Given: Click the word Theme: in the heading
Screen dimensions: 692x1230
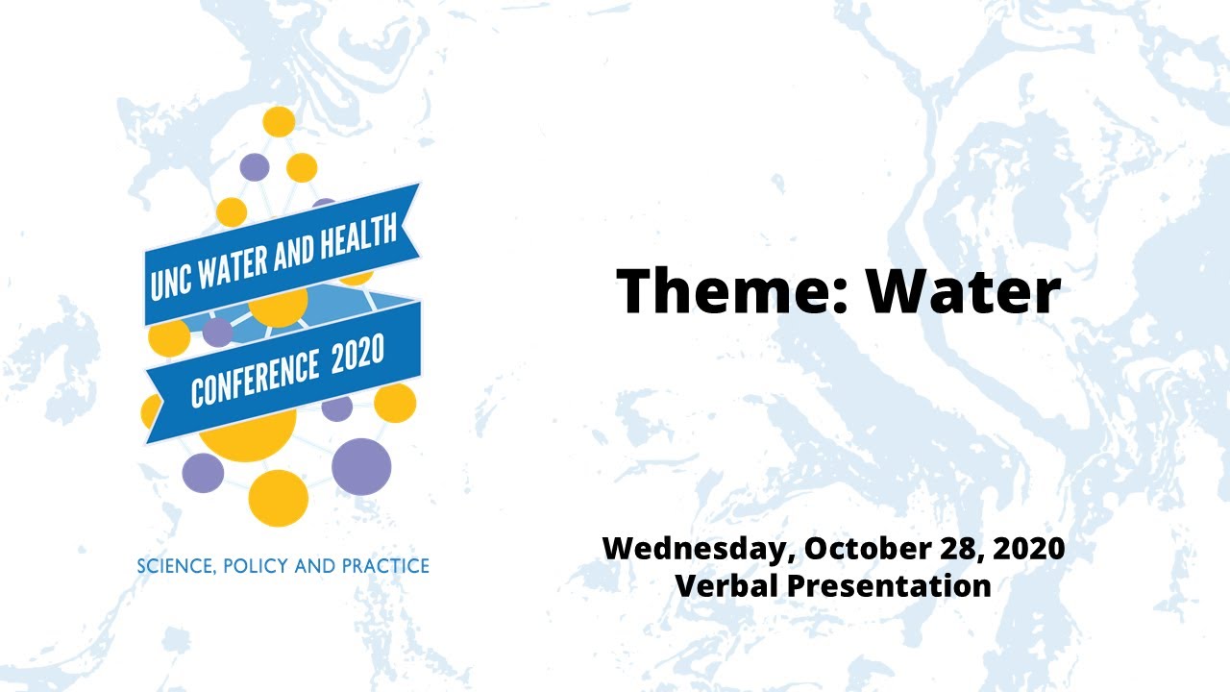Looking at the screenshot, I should click(x=728, y=290).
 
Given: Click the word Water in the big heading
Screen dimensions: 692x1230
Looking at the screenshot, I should click(x=962, y=290).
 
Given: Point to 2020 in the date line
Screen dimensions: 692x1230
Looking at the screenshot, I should click(x=1030, y=549).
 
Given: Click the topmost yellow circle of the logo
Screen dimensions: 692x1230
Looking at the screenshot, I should click(x=279, y=122).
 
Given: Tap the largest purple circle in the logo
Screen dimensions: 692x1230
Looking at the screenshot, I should click(x=361, y=466).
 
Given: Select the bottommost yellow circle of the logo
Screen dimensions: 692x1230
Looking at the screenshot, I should click(x=278, y=498).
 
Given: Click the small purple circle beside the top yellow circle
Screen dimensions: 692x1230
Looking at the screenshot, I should click(x=254, y=167).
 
